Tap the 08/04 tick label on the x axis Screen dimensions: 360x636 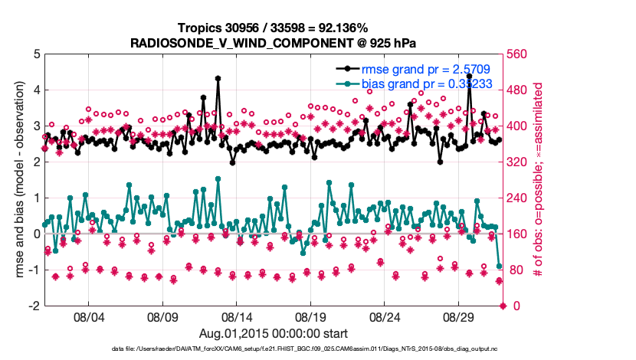tap(87, 316)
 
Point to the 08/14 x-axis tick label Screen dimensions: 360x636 tap(237, 316)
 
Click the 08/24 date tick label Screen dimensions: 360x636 tap(386, 316)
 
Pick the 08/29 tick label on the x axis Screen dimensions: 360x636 tap(461, 316)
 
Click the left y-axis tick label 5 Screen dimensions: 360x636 tap(35, 54)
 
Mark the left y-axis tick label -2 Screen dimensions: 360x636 tap(33, 306)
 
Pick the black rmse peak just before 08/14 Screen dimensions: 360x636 tap(218, 78)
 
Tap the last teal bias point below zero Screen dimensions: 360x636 tap(500, 267)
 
